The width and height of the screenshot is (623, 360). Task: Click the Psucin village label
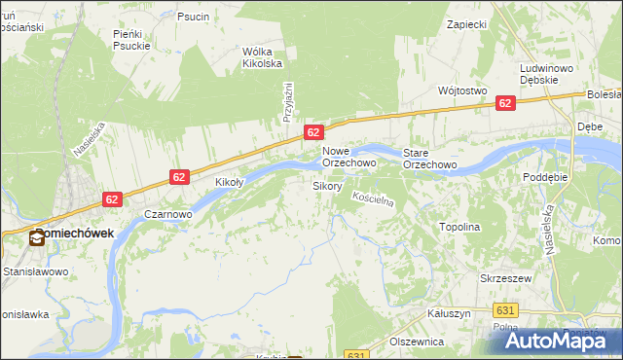[x=193, y=17]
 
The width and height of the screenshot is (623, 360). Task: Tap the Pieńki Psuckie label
[x=129, y=39]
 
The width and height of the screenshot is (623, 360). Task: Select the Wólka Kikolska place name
[x=262, y=57]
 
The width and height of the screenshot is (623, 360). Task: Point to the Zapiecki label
[x=465, y=23]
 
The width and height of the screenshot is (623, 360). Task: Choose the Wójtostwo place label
[x=462, y=90]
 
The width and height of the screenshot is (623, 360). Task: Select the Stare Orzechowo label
[x=430, y=159]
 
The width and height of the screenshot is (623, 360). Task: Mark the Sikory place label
[x=327, y=185]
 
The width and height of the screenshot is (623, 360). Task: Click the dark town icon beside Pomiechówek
[x=36, y=236]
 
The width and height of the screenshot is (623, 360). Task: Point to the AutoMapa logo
[x=563, y=340]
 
